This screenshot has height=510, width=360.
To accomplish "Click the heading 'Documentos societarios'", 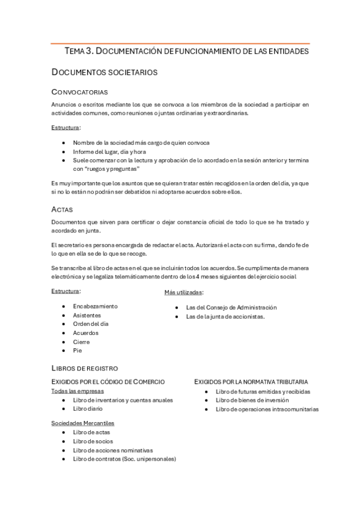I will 105,72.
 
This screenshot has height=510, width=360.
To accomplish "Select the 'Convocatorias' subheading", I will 79,92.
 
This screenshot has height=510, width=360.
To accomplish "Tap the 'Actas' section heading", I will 63,209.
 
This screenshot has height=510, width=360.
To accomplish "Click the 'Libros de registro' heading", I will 85,367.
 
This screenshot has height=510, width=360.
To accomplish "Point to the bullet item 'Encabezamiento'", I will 95,306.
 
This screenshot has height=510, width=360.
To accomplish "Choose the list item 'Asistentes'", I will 87,315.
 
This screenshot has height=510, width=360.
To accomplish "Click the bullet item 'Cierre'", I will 81,342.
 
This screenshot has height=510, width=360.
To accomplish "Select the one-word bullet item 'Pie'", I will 77,351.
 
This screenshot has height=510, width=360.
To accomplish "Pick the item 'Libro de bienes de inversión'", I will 252,400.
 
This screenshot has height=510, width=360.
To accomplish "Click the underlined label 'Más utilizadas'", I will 183,292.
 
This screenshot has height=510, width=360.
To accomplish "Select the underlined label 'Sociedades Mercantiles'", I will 83,423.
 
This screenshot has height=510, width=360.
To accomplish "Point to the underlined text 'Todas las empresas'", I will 77,390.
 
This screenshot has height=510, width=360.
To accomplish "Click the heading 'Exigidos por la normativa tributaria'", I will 251,381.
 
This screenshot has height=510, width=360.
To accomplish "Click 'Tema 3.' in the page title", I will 79,52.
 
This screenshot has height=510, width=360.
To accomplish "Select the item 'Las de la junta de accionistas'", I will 225,316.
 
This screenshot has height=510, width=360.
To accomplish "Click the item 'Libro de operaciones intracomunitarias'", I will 267,409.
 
